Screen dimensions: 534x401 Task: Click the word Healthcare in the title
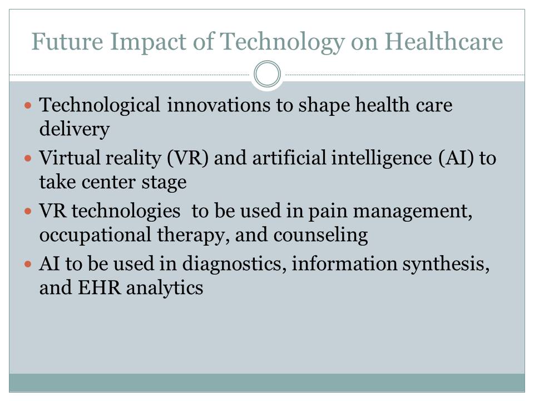(443, 41)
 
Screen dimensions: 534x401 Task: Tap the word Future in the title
(67, 41)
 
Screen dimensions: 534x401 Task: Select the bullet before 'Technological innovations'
(28, 105)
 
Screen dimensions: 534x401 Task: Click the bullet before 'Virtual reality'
(28, 158)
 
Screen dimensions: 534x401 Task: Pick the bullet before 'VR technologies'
(28, 211)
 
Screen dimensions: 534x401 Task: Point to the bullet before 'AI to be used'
(28, 264)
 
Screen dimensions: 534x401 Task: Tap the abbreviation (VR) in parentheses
(187, 158)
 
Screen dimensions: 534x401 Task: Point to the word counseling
(320, 236)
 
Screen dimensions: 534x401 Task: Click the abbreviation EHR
(100, 287)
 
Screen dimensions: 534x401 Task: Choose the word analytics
(165, 288)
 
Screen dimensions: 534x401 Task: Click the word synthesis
(446, 265)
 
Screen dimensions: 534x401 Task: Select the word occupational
(95, 236)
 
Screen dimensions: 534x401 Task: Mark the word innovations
(219, 105)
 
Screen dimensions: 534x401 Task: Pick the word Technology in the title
(282, 42)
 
